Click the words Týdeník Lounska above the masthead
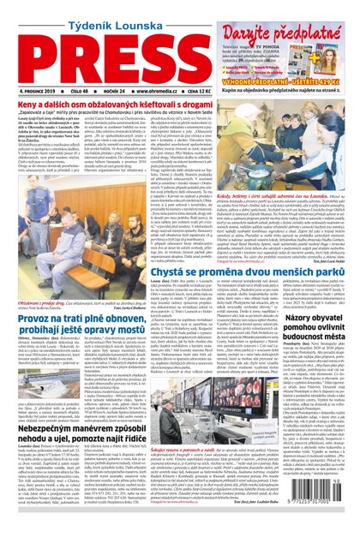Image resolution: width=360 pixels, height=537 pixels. point(90,9)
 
